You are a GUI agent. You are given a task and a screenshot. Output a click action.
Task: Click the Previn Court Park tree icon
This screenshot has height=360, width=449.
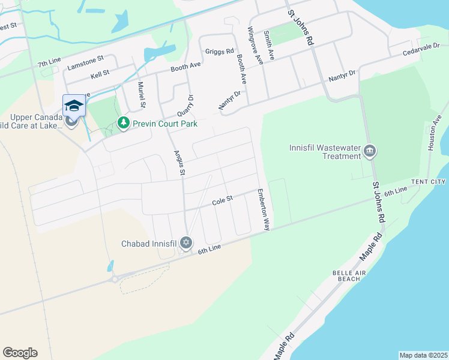123,123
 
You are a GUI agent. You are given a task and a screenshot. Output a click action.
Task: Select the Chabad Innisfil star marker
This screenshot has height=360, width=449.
186,243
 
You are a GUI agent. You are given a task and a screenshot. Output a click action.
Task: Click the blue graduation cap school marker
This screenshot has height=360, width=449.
74,106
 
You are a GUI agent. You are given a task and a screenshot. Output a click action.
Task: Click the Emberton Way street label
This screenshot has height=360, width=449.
264,210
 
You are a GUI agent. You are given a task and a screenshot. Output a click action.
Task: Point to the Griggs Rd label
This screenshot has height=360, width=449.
219,52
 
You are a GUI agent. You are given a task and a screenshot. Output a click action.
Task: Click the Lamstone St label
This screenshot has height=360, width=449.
86,60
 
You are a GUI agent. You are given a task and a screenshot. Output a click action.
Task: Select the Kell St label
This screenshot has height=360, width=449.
100,73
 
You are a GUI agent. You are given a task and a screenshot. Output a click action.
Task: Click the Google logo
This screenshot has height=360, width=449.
20,353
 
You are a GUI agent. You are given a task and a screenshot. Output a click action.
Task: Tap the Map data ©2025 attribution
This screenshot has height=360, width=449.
423,355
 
